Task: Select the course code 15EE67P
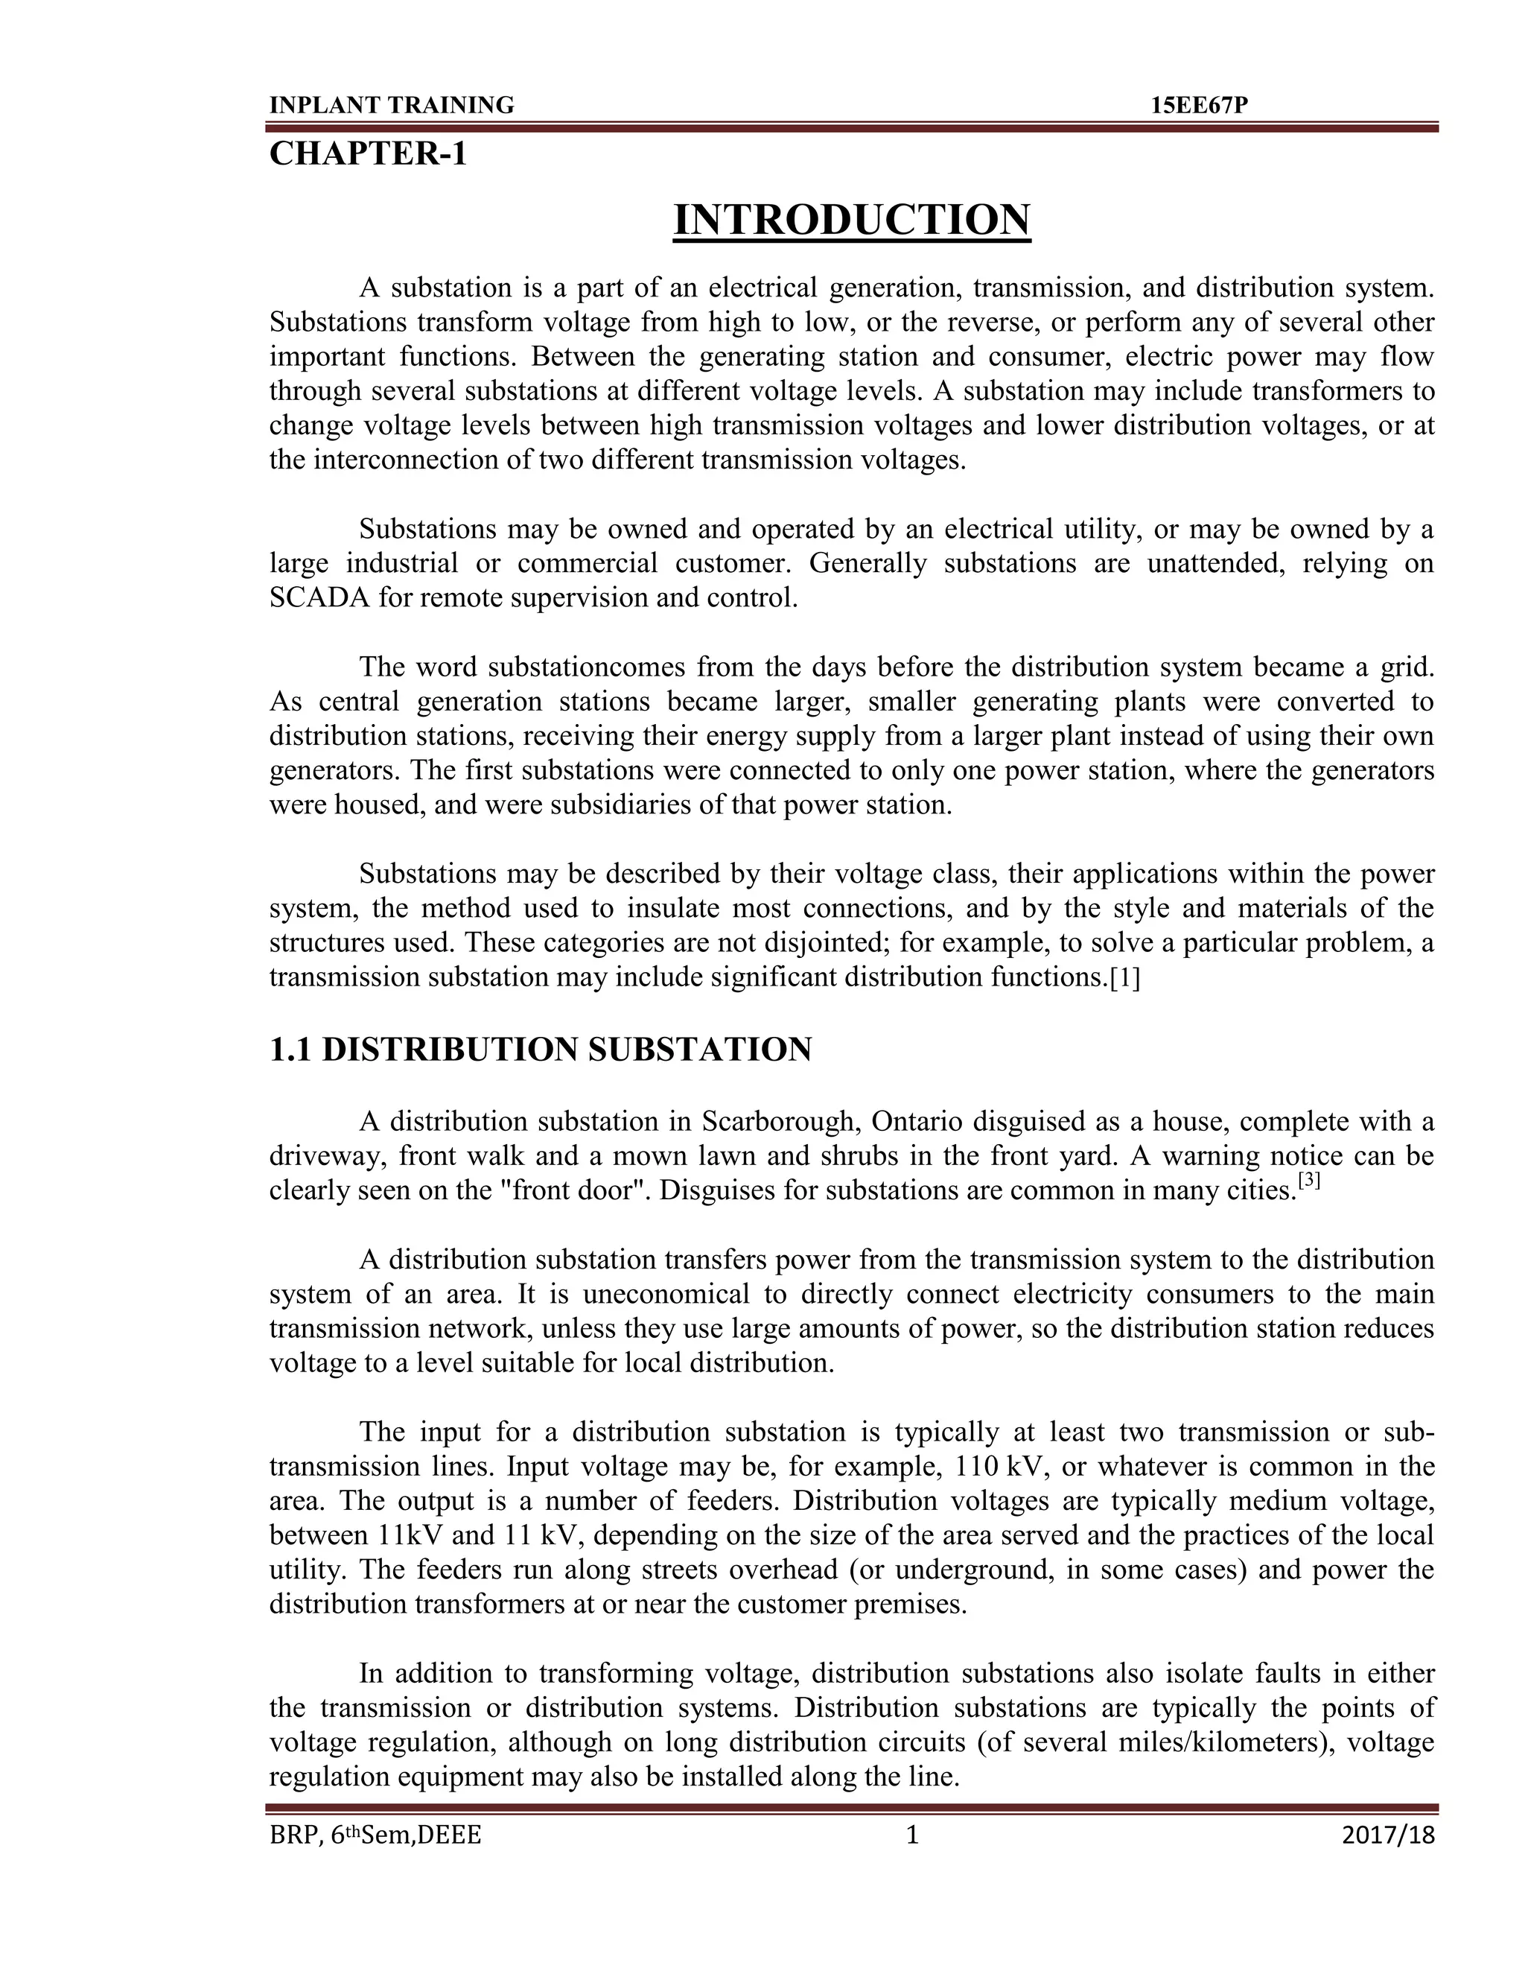point(1199,106)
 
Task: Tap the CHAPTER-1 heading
point(368,154)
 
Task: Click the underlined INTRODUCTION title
point(851,220)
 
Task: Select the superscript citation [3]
point(1308,1181)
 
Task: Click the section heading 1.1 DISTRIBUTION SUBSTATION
point(541,1050)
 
